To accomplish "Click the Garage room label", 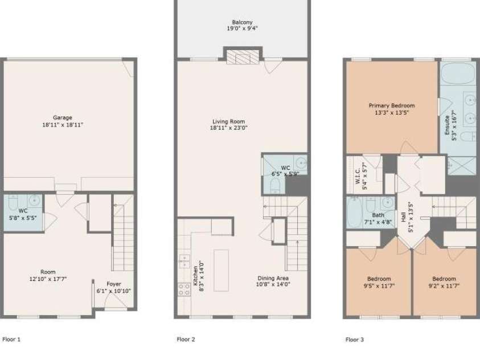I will click(63, 117).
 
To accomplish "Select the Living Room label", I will click(228, 121).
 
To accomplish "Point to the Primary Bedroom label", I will click(391, 105).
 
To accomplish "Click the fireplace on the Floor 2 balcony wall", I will click(243, 56).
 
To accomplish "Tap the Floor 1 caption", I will click(11, 339).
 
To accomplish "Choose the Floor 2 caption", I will click(186, 339).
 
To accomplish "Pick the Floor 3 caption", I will click(354, 339).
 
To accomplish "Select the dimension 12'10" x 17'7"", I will click(48, 279).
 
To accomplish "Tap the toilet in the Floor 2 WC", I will click(273, 184).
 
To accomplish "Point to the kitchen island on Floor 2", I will click(221, 270).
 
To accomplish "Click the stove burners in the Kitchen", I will click(184, 289).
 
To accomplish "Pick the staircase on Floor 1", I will click(123, 234).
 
